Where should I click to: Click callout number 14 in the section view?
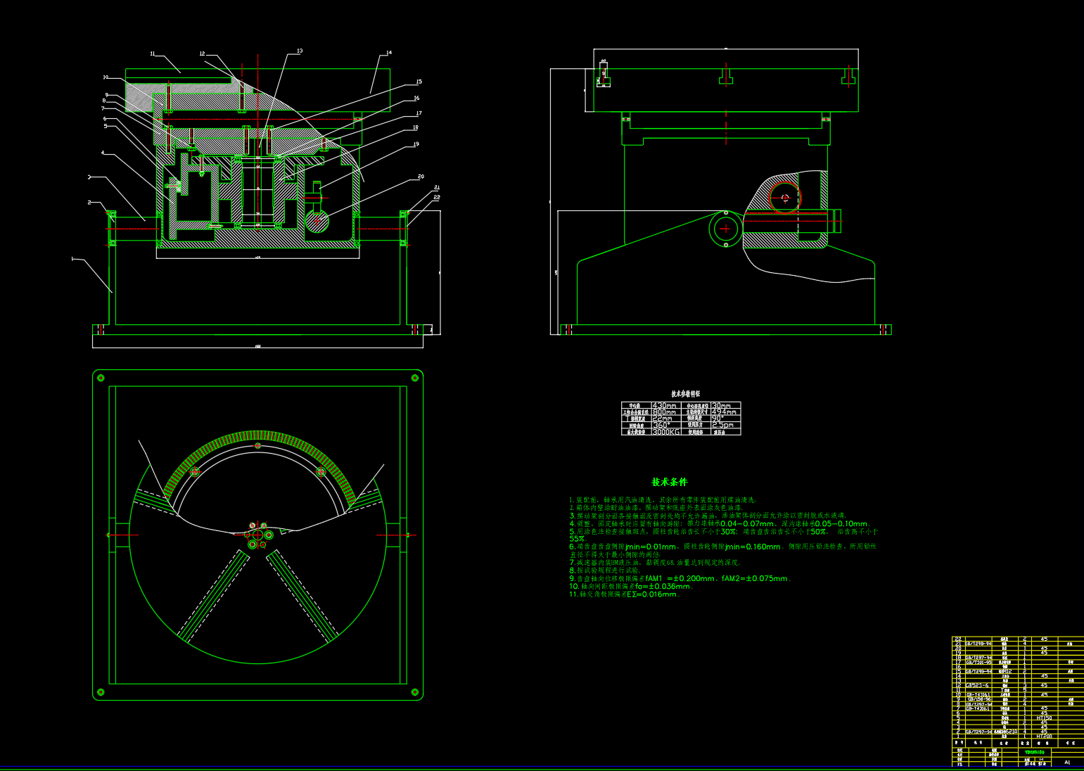pos(389,53)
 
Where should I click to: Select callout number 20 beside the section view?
pos(421,177)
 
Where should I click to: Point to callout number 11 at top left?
pos(153,53)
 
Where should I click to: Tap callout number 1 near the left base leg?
pos(72,259)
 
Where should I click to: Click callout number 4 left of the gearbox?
pos(103,153)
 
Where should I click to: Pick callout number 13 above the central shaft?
pos(300,51)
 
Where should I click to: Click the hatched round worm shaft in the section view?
pos(317,220)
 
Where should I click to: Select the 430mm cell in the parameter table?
pos(665,406)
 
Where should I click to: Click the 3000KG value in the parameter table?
pos(666,432)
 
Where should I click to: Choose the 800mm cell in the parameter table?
pos(665,412)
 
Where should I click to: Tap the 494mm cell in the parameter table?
pos(725,412)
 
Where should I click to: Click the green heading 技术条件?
pos(669,482)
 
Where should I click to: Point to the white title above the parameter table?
pos(685,394)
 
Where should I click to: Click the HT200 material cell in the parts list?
pos(1044,736)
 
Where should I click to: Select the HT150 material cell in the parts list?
pos(1044,718)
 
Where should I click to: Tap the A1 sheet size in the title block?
pos(1067,762)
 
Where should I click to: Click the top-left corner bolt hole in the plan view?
pos(101,378)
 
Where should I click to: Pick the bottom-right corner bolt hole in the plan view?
pos(415,692)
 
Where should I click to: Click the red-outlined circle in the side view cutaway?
pos(784,198)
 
